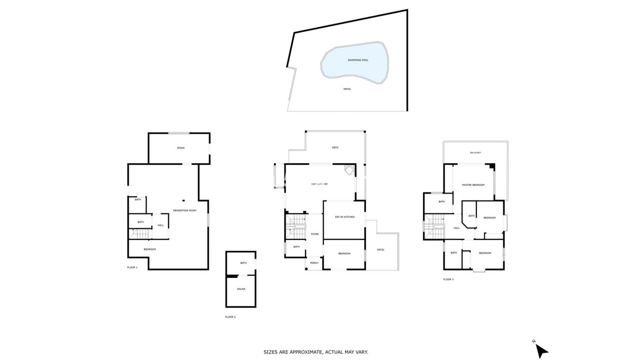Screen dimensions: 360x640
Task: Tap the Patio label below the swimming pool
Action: pyautogui.click(x=347, y=89)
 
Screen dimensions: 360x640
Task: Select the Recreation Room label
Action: pyautogui.click(x=185, y=210)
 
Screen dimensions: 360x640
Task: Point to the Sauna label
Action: pyautogui.click(x=241, y=289)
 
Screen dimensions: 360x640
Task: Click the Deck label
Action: pyautogui.click(x=335, y=147)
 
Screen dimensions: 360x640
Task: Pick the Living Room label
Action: pyautogui.click(x=319, y=185)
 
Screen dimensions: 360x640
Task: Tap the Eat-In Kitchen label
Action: pyautogui.click(x=345, y=217)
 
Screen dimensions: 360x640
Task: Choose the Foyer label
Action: pyautogui.click(x=315, y=234)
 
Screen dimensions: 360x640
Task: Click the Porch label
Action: pyautogui.click(x=314, y=263)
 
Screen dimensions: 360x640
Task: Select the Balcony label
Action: pyautogui.click(x=476, y=153)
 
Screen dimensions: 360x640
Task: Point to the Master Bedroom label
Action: pyautogui.click(x=473, y=185)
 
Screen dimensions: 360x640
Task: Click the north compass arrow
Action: pyautogui.click(x=541, y=350)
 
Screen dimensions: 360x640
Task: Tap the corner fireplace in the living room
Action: pyautogui.click(x=348, y=170)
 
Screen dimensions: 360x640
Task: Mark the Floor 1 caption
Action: pyautogui.click(x=132, y=267)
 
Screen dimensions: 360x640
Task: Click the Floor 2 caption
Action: pyautogui.click(x=230, y=317)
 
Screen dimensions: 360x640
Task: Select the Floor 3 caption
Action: pyautogui.click(x=449, y=279)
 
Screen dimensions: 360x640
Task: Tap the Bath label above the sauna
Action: pyautogui.click(x=243, y=263)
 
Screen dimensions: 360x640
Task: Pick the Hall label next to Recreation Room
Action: pyautogui.click(x=160, y=225)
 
